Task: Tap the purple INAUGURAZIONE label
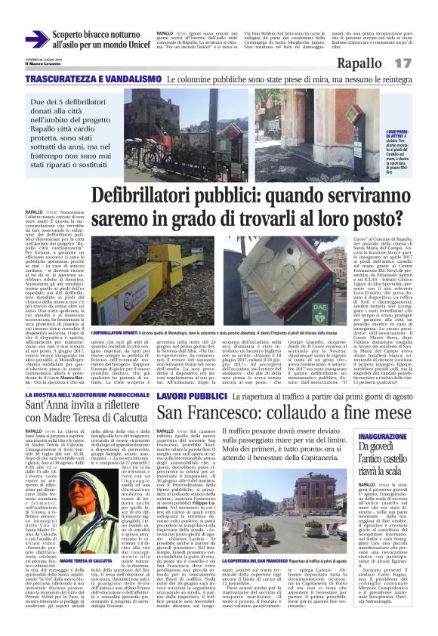click(398, 437)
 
